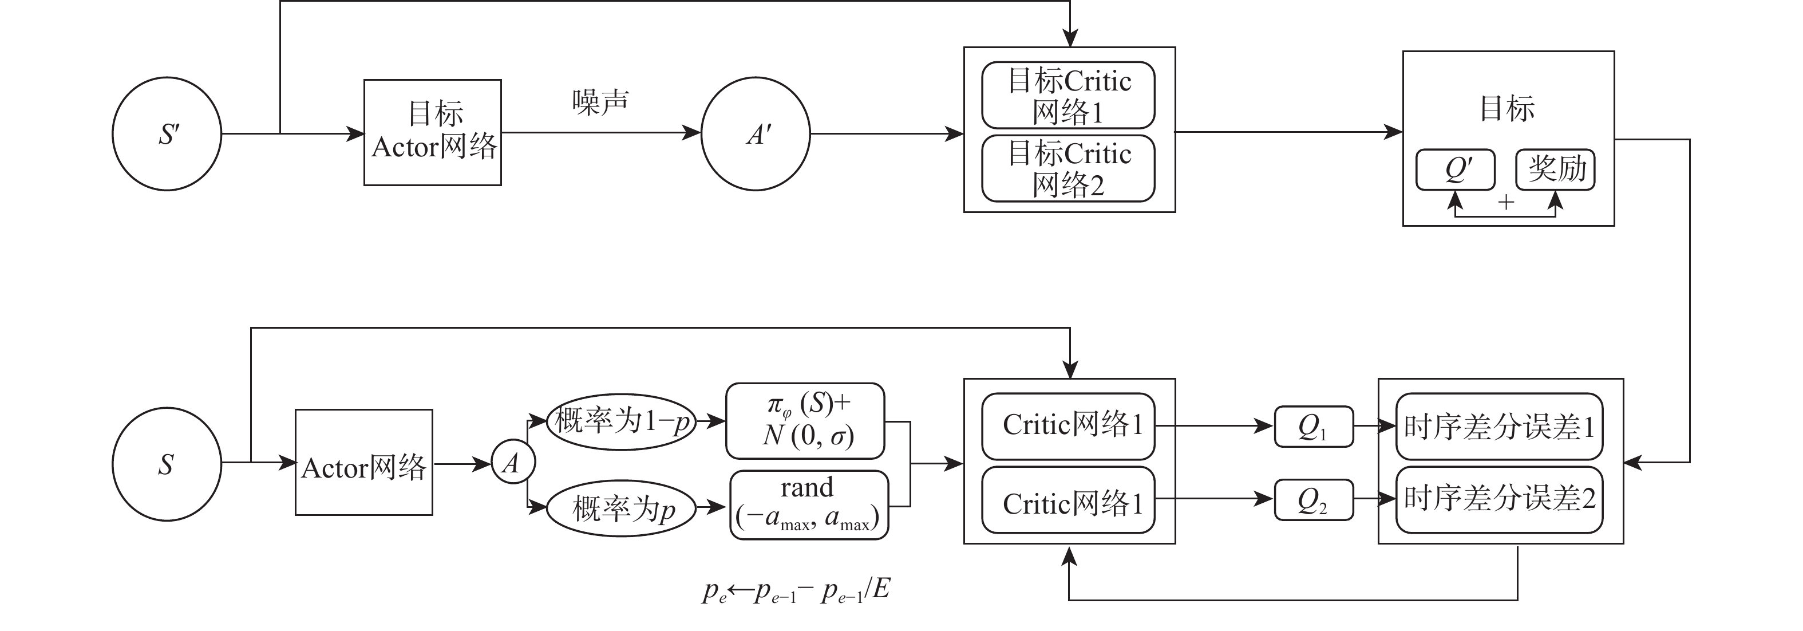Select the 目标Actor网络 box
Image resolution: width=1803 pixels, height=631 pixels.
click(433, 132)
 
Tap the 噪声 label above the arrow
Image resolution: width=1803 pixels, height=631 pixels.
click(600, 102)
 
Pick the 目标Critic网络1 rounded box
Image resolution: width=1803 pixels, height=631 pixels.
click(1068, 95)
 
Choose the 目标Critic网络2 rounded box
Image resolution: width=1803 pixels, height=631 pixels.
click(1068, 169)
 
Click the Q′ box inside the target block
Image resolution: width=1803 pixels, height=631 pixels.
click(1455, 169)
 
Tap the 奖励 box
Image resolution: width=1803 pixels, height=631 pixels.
click(1555, 169)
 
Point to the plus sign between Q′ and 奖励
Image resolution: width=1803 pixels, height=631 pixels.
click(1505, 202)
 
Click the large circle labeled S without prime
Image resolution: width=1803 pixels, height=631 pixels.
click(167, 464)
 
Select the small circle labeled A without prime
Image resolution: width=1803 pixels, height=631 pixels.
click(513, 462)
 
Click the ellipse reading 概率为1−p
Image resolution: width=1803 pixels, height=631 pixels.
click(622, 421)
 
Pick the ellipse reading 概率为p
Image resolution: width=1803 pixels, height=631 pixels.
click(622, 508)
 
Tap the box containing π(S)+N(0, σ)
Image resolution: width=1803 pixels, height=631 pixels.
click(805, 421)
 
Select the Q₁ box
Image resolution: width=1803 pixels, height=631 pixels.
click(1314, 426)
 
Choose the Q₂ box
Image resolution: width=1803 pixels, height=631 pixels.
click(1314, 499)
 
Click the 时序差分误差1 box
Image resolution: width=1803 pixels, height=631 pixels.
click(1499, 426)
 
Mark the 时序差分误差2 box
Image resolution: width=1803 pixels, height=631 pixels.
click(1499, 499)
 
